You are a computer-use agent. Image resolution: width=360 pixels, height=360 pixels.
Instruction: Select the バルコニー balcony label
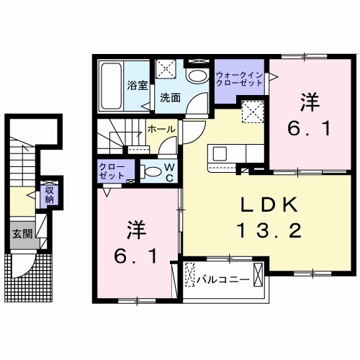pos(228,276)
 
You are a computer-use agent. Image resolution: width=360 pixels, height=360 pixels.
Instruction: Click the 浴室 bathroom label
pos(138,84)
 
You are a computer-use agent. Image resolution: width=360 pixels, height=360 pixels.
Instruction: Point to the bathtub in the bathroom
pos(113,84)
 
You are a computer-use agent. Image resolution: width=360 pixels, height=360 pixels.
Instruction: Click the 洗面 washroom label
pos(171,96)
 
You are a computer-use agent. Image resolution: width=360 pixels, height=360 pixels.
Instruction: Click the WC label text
pos(167,174)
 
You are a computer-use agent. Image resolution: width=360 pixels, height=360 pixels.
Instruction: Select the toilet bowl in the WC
pos(152,172)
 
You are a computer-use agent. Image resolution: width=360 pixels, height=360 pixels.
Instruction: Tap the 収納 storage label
pos(50,194)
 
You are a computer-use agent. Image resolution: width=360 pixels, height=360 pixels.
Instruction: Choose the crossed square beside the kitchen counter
pos(252,112)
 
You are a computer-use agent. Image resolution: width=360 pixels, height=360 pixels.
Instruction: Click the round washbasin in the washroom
pos(195,76)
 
